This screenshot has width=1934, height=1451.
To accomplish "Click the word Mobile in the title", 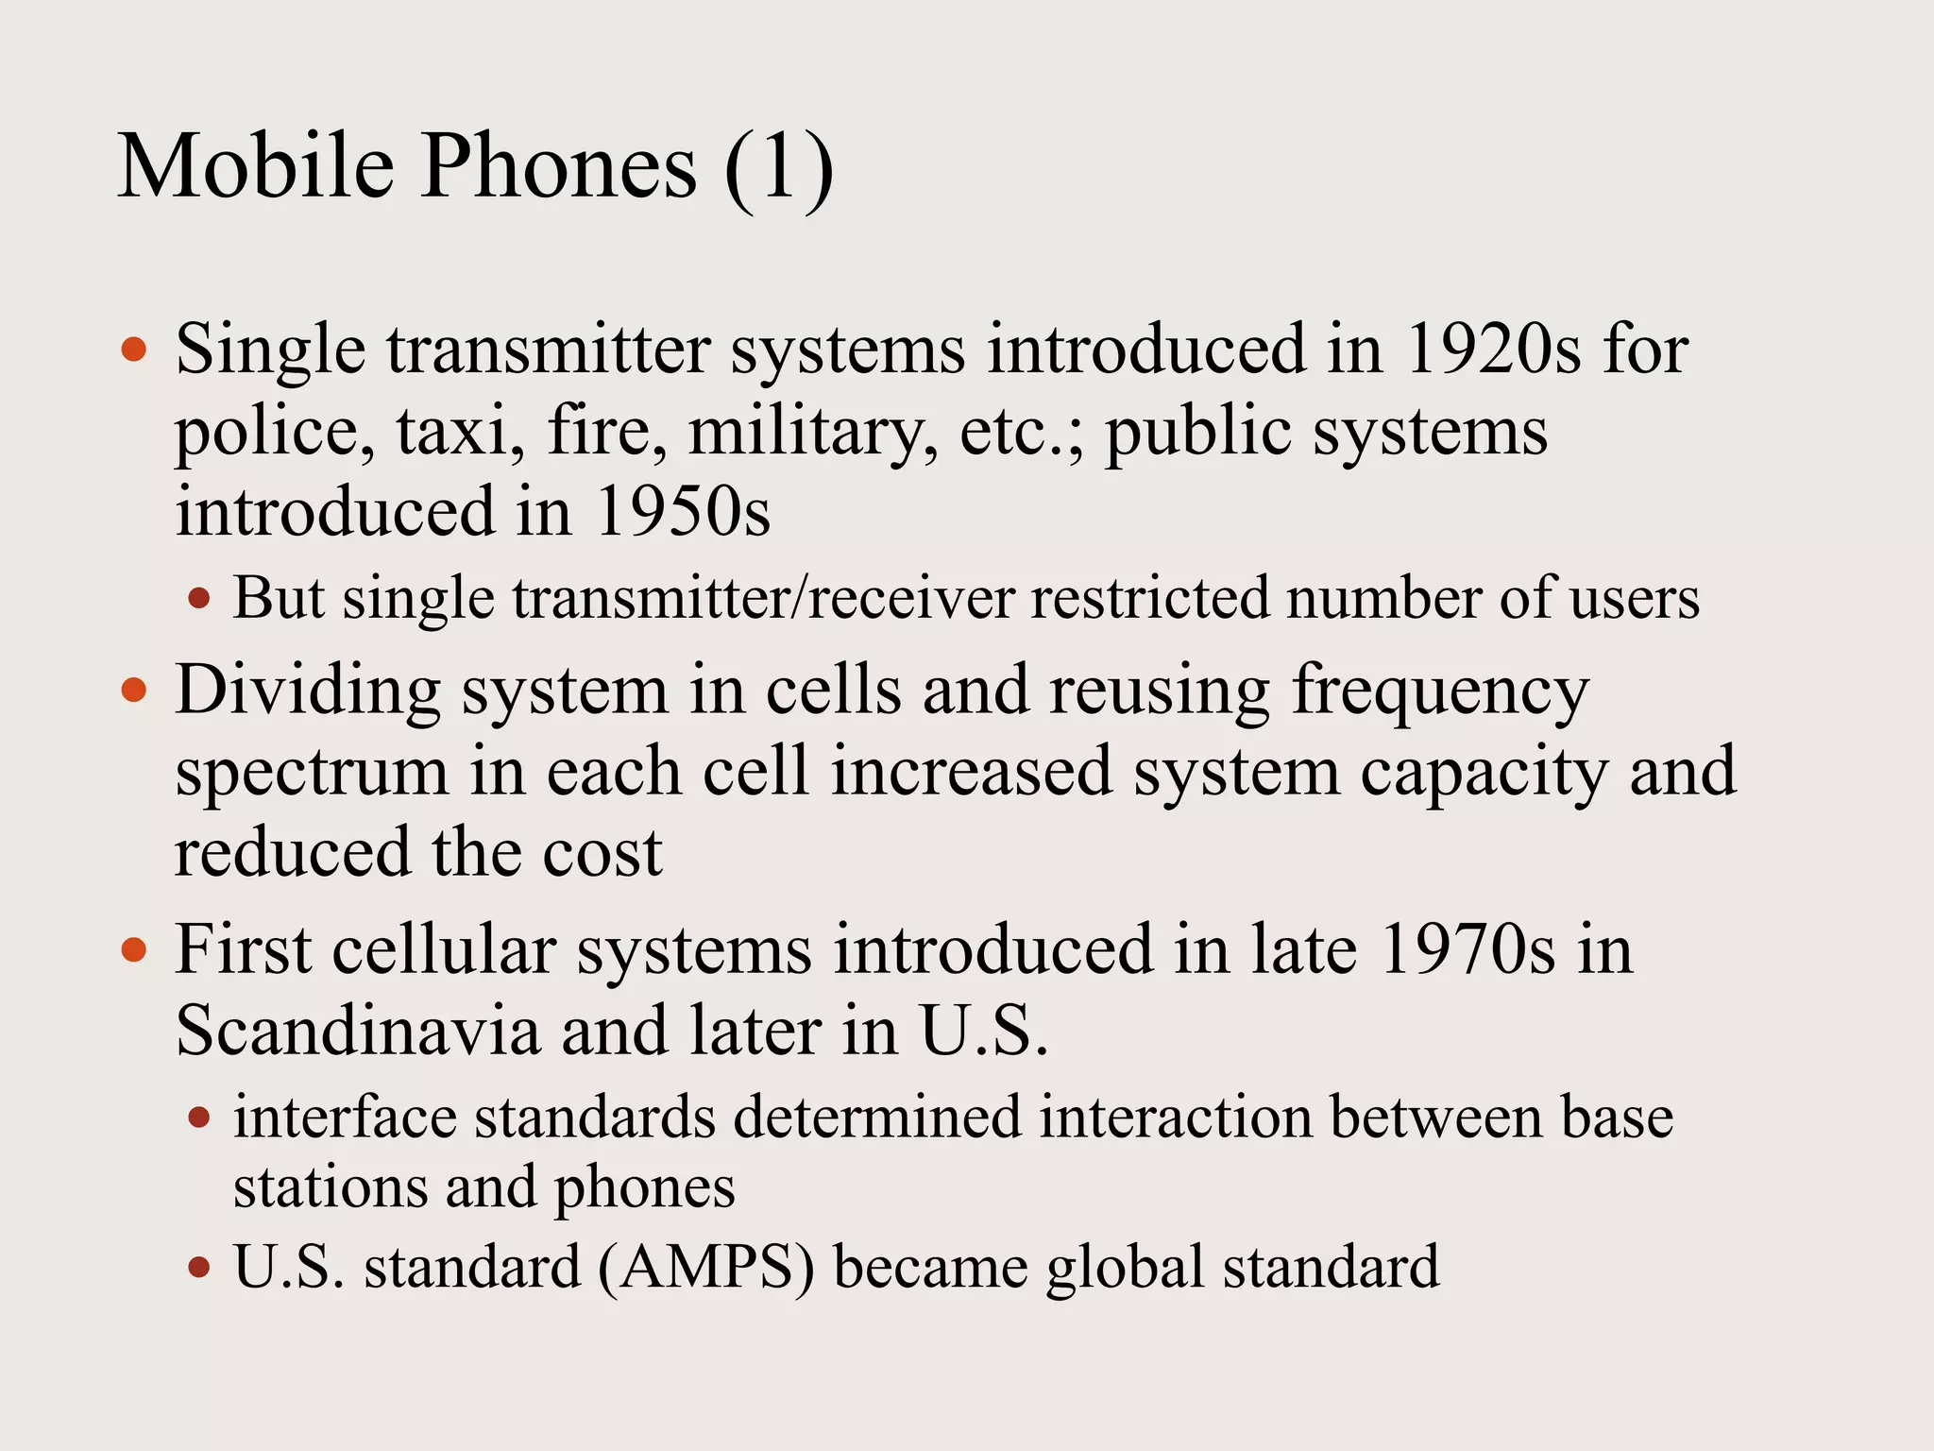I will point(255,167).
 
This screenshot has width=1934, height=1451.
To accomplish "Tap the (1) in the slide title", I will point(779,167).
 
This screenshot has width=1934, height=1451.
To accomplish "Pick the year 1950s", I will point(683,512).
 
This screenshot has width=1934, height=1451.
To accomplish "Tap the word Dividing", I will point(308,691).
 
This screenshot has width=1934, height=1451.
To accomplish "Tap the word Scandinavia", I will point(358,1031).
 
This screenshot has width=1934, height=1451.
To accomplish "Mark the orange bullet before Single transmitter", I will point(135,350).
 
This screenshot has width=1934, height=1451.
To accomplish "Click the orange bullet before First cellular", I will point(135,949).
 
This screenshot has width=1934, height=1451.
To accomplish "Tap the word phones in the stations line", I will point(643,1188).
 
